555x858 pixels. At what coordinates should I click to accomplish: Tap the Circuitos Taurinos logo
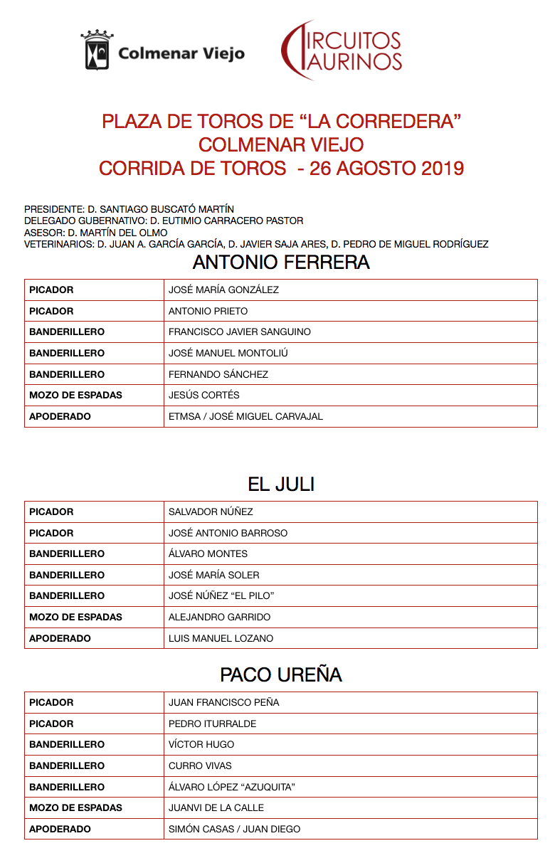pos(342,50)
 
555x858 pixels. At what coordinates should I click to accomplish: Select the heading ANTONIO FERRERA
pos(281,263)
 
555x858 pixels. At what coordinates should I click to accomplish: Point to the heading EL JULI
pos(281,484)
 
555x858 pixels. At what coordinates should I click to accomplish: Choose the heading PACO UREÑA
pos(281,675)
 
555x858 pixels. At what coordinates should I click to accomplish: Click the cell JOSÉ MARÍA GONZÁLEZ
pos(223,290)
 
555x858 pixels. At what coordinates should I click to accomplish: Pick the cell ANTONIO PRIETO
pos(208,311)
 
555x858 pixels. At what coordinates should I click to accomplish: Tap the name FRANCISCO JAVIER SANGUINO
pos(239,332)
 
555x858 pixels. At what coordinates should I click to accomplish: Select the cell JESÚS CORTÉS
pos(204,395)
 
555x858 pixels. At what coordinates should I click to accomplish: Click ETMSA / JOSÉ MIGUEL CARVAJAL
pos(245,416)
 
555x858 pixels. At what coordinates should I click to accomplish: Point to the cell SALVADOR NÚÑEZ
pos(211,512)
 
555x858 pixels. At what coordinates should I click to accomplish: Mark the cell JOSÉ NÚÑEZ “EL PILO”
pos(221,595)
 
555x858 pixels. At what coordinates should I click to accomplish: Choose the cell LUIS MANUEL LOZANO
pos(221,638)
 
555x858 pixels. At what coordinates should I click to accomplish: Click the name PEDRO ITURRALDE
pos(212,724)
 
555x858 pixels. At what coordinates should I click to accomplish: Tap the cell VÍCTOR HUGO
pos(201,744)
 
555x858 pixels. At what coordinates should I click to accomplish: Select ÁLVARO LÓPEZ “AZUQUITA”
pos(231,787)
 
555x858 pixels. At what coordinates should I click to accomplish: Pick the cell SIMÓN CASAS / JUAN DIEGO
pos(234,829)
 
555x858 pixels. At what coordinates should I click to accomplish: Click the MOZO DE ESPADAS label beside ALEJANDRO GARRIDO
pos(75,617)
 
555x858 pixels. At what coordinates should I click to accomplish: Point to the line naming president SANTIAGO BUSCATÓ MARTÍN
pos(129,209)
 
